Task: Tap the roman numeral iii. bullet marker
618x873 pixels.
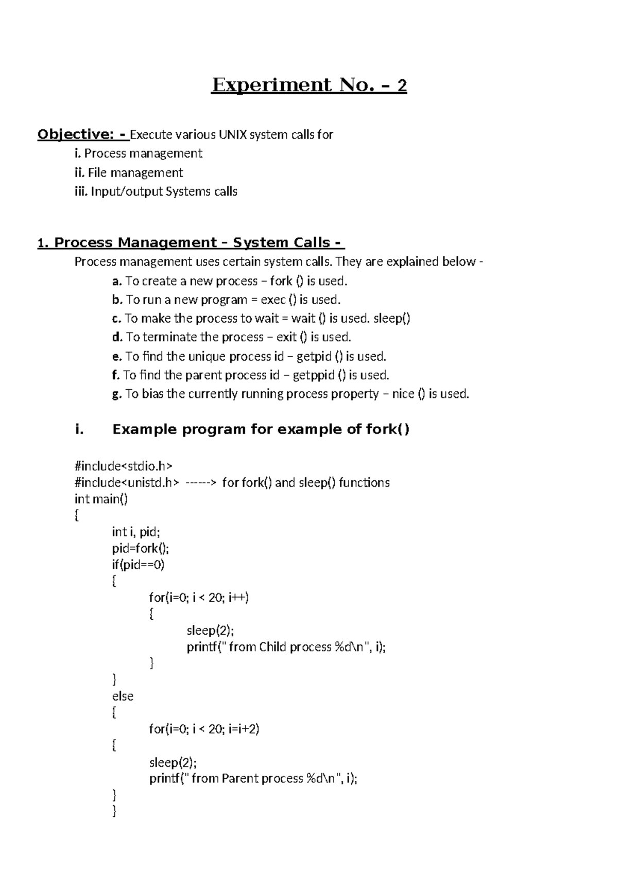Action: pos(81,192)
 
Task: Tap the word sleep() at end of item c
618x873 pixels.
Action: pos(391,319)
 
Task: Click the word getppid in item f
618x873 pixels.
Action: pos(313,375)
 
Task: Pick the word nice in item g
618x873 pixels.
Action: pos(403,394)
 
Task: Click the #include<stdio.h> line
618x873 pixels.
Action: pos(124,466)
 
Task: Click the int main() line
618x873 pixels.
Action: pos(101,499)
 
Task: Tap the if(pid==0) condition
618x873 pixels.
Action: pos(138,565)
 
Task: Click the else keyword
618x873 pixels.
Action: pos(123,696)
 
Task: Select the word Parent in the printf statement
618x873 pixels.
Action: pos(240,778)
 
